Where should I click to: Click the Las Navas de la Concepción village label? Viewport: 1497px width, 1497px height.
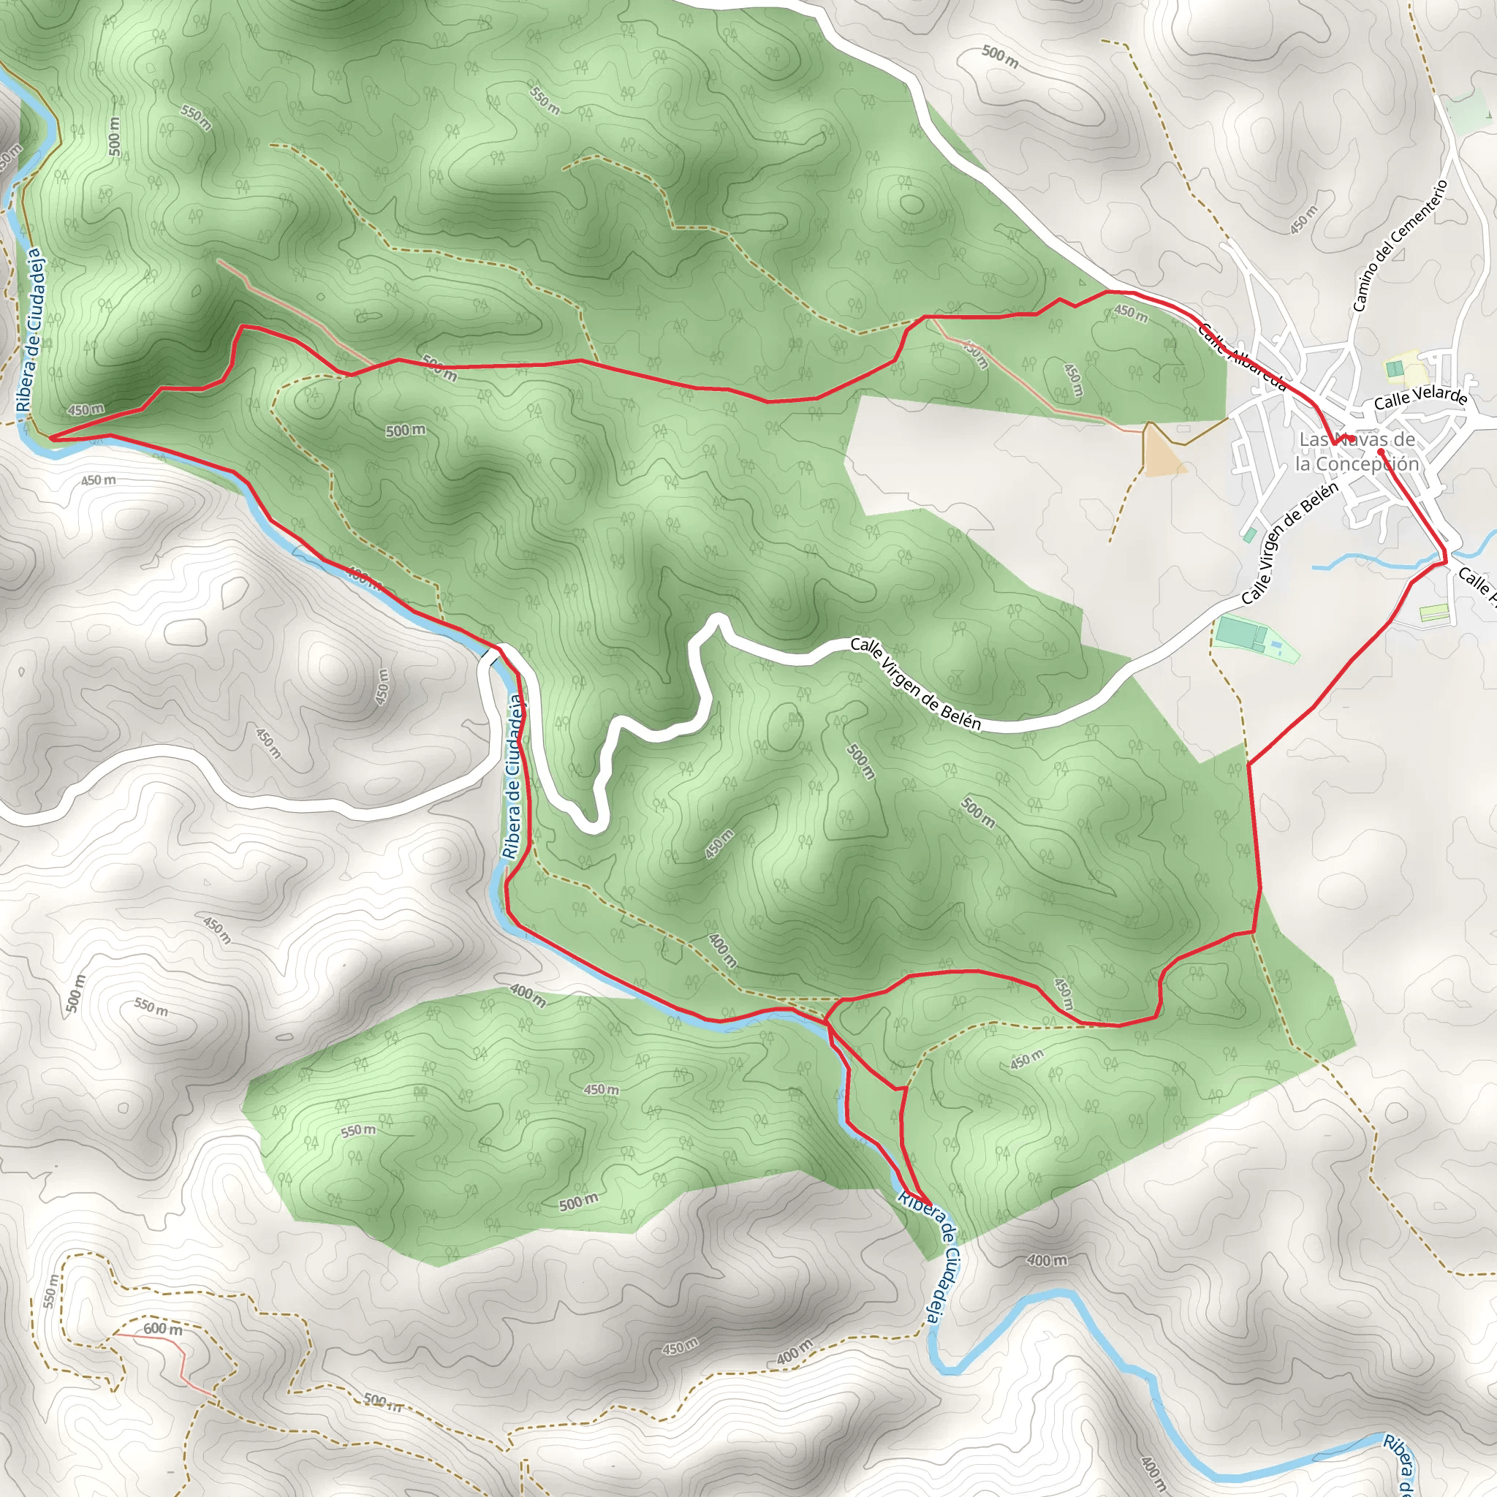click(x=1357, y=452)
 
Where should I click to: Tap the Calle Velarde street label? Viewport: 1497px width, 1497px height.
click(x=1420, y=398)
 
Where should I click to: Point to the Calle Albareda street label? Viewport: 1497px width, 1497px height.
click(x=1242, y=357)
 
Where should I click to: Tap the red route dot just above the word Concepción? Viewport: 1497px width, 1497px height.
click(x=1380, y=450)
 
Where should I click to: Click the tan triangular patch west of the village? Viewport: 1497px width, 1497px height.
click(x=1160, y=450)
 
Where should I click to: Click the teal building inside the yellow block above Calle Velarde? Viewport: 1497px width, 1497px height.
click(x=1394, y=369)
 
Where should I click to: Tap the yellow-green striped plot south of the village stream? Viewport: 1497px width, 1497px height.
click(x=1433, y=613)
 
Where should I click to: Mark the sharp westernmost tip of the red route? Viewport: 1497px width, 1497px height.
click(x=51, y=438)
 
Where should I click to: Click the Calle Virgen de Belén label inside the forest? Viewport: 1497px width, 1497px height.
click(x=916, y=683)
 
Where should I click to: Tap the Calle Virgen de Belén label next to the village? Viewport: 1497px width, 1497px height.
click(x=1289, y=544)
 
